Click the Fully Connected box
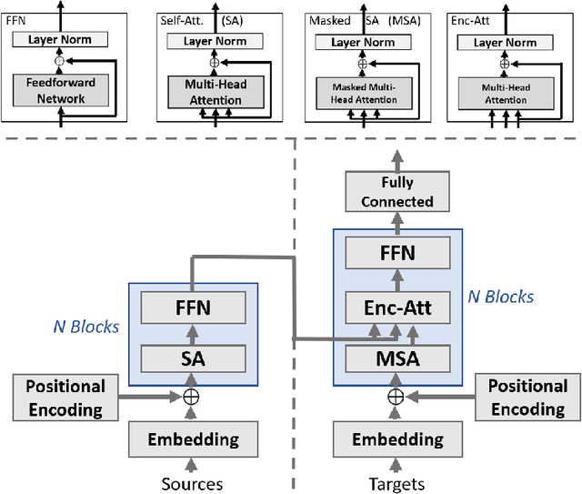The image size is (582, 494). coord(396,192)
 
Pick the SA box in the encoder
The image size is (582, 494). coord(192,358)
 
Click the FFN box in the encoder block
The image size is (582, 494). coord(192,308)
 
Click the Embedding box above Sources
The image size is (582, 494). coord(192,439)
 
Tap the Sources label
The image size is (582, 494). coord(192,483)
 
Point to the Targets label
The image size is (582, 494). coord(396,483)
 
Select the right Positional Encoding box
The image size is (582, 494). coord(527,398)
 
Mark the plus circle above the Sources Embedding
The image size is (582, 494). coord(192,397)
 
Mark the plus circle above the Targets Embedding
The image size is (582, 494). coord(396,397)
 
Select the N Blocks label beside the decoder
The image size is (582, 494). coord(499,297)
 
